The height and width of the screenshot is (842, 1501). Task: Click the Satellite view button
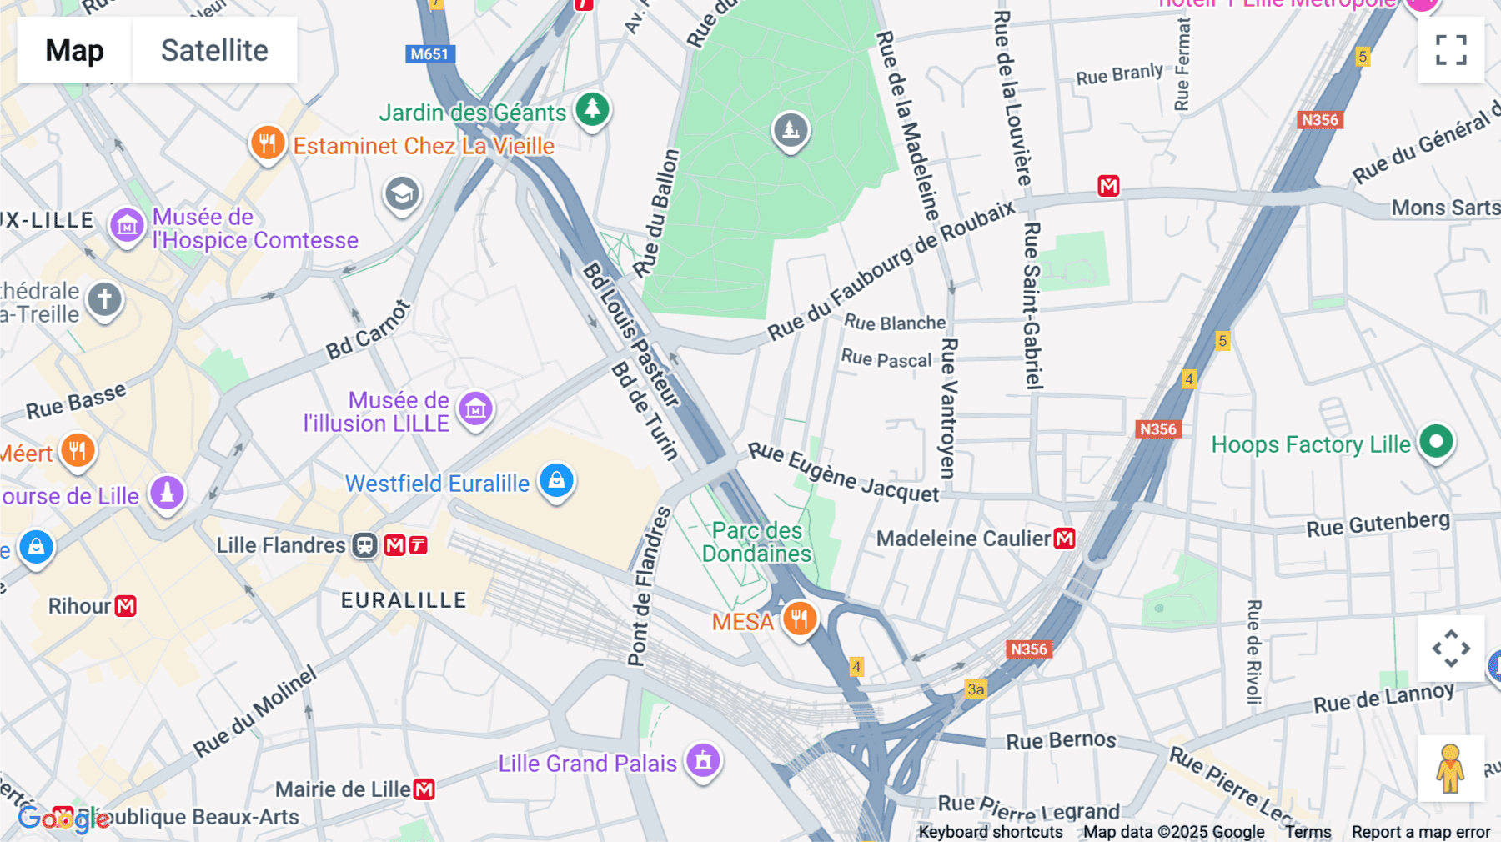214,50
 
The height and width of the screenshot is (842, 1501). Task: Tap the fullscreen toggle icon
1451,50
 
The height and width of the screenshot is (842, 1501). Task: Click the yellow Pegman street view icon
1450,769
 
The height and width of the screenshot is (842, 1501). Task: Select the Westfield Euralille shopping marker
556,481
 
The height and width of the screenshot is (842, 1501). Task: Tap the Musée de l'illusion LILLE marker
476,408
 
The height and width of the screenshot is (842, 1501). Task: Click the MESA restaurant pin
799,619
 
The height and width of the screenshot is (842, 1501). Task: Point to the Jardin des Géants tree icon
593,108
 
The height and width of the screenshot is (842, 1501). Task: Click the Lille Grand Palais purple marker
703,760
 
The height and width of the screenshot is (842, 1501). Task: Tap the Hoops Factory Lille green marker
1436,442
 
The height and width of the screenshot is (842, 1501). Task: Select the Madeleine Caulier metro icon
1065,539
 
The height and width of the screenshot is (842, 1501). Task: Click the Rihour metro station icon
126,606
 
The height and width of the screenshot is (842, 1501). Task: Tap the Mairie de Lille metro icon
424,789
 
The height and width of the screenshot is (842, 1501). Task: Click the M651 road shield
430,54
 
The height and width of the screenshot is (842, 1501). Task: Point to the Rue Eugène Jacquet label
843,473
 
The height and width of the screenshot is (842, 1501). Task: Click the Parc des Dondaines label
756,542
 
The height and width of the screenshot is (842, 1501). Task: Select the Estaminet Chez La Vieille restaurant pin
268,143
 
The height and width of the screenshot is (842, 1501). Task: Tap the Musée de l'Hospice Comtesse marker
127,225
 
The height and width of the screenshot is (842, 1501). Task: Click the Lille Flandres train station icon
364,545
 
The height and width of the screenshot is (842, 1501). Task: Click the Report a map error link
1420,832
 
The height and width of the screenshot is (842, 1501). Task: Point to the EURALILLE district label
404,600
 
